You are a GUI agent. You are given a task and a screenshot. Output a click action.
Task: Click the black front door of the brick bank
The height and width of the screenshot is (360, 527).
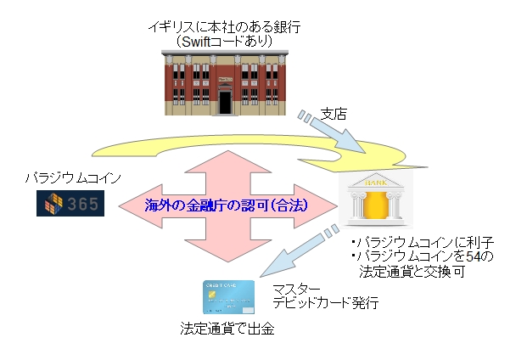pyautogui.click(x=225, y=103)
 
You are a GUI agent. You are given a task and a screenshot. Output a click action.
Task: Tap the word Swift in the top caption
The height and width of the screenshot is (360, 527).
pyautogui.click(x=196, y=42)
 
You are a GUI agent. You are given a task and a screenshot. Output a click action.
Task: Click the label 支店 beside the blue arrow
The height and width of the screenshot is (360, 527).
pyautogui.click(x=334, y=115)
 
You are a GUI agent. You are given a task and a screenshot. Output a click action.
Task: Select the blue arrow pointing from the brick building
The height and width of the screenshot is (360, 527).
pyautogui.click(x=332, y=132)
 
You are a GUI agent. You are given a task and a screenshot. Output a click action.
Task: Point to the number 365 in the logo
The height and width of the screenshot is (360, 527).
pyautogui.click(x=83, y=204)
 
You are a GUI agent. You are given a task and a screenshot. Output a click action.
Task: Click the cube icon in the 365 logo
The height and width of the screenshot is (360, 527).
pyautogui.click(x=53, y=204)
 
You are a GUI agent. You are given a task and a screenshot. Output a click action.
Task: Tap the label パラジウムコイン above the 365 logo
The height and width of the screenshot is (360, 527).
pyautogui.click(x=73, y=178)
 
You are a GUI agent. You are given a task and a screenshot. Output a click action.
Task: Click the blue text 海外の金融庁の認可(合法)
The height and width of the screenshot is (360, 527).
pyautogui.click(x=227, y=205)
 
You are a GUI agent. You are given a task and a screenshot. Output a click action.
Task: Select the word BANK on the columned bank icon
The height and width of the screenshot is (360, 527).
pyautogui.click(x=376, y=183)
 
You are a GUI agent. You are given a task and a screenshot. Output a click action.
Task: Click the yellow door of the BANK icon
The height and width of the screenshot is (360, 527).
pyautogui.click(x=376, y=205)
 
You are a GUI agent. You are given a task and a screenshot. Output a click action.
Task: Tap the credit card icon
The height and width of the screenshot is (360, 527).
pyautogui.click(x=228, y=297)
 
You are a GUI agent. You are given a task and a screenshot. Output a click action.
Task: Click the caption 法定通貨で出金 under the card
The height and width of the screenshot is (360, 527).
pyautogui.click(x=227, y=329)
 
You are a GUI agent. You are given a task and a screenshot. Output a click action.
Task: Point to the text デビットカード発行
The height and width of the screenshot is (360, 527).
pyautogui.click(x=325, y=302)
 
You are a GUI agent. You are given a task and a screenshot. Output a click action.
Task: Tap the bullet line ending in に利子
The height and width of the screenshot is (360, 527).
pyautogui.click(x=423, y=242)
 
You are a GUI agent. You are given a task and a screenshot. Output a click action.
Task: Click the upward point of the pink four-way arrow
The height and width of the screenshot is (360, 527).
pyautogui.click(x=228, y=151)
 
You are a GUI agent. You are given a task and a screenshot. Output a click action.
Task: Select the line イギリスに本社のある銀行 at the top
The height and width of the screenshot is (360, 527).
pyautogui.click(x=225, y=27)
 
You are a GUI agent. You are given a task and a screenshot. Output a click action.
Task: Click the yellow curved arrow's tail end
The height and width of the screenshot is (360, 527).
pyautogui.click(x=93, y=156)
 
